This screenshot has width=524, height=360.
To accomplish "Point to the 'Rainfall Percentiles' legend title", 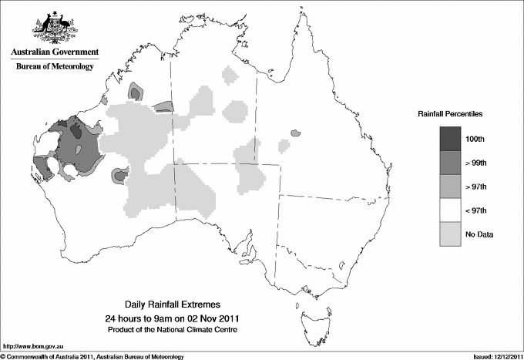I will (x=450, y=114).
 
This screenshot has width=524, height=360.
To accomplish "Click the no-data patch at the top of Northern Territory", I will (x=229, y=75).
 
